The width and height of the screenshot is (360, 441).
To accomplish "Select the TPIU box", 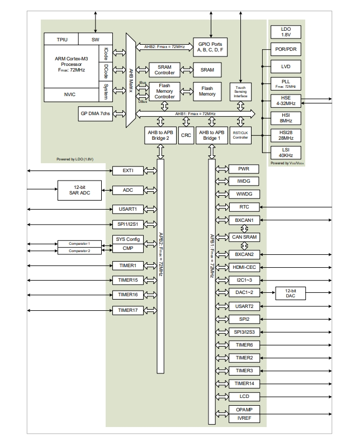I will pos(63,39).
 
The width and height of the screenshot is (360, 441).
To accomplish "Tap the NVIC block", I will pos(70,95).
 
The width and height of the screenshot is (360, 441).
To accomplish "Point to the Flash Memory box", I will pos(207,91).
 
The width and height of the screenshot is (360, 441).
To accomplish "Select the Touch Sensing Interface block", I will pos(240,92).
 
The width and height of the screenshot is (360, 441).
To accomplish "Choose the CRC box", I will pos(186,135).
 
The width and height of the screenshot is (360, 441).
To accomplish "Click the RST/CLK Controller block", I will pos(240,135).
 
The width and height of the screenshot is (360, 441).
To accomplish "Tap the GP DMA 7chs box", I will pos(95,113).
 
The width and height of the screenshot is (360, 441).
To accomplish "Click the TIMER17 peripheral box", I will pos(127,310).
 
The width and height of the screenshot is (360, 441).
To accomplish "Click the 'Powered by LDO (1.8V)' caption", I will pos(75,159).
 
